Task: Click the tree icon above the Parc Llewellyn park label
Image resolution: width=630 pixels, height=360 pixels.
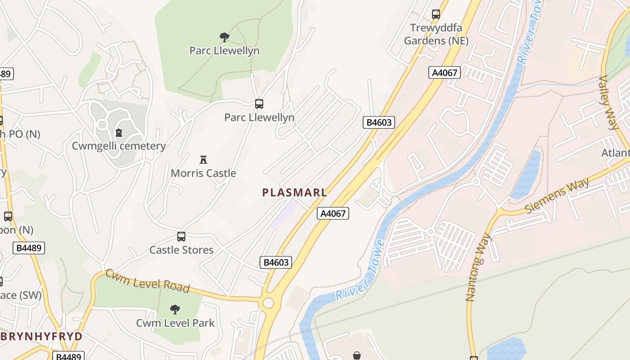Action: pos(224,37)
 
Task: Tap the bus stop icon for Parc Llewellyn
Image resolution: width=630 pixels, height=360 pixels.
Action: pos(259,104)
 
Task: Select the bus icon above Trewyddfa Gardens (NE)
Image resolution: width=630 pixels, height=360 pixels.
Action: pos(436,14)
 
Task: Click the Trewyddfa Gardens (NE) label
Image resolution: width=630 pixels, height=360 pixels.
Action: pos(436,34)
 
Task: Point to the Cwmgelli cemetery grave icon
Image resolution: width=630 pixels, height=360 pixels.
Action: pos(119,133)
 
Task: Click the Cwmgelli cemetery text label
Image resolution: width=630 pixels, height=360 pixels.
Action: pos(119,146)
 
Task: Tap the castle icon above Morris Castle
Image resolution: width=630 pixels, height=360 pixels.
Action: pos(203,159)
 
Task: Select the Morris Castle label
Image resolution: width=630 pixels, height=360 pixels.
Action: pos(203,173)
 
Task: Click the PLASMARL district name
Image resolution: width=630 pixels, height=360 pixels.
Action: pos(294,193)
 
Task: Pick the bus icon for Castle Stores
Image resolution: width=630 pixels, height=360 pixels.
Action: pos(181,237)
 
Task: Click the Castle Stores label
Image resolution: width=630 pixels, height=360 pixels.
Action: pos(181,250)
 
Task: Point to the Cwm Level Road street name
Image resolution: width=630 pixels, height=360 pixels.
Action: pos(148,281)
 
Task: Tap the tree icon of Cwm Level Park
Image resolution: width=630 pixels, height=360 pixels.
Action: pos(175,309)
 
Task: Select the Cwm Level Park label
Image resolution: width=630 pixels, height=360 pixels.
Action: pos(175,323)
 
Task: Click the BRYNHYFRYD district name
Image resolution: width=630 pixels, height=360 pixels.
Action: pos(41,337)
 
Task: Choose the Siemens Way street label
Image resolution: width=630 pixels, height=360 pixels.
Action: pos(557,196)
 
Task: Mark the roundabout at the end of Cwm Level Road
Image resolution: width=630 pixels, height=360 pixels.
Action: pos(268,303)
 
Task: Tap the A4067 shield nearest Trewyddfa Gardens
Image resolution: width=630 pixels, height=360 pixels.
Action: pos(445,72)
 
